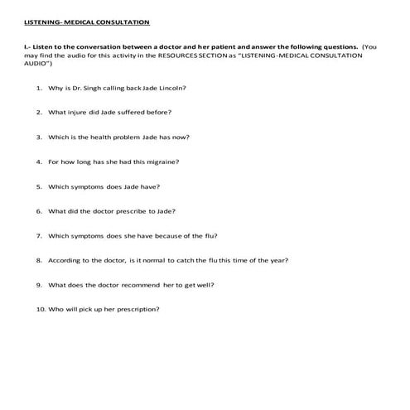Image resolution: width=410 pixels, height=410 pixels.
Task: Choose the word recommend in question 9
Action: (137, 285)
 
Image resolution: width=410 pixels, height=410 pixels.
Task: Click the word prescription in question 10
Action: (137, 310)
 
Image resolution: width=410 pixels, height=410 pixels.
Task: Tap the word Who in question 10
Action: (55, 310)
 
